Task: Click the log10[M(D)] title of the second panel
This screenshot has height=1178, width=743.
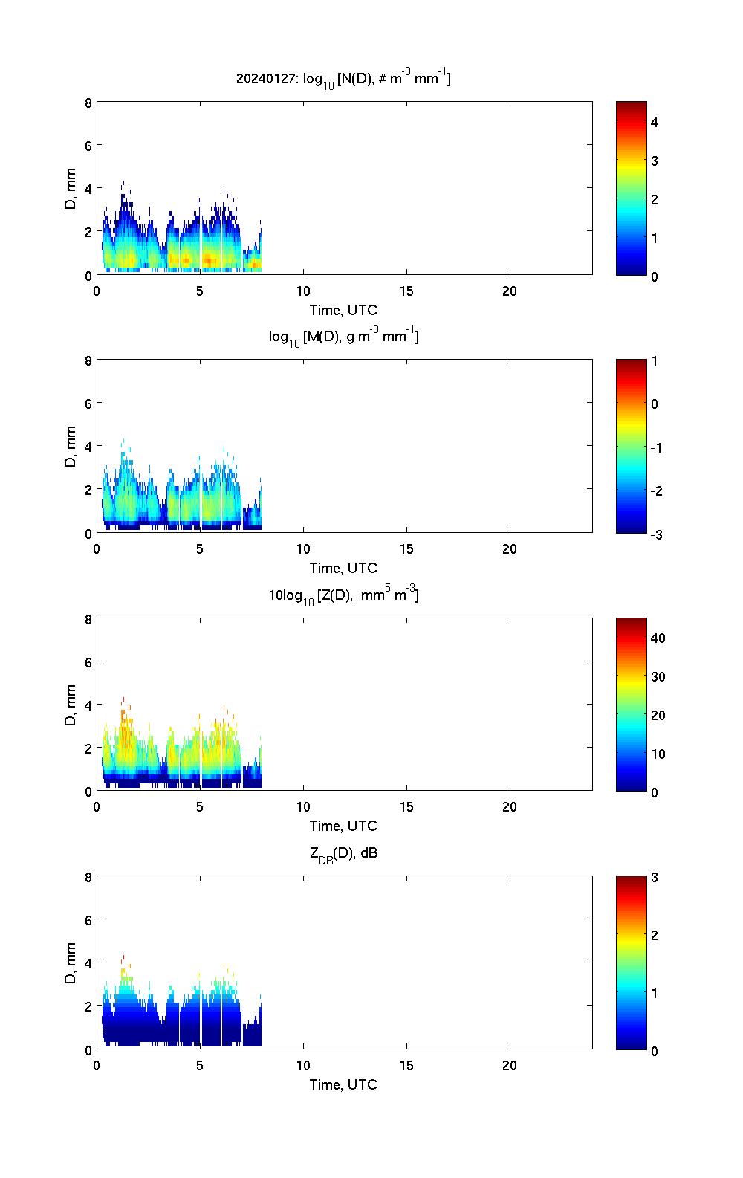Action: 343,337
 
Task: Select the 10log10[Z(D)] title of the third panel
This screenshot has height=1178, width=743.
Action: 343,595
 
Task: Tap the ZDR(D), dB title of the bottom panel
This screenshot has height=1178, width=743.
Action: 343,853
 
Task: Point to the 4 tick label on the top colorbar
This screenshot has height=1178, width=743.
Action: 655,122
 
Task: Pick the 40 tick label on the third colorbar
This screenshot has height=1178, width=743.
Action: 658,638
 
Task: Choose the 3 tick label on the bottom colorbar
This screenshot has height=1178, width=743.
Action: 655,878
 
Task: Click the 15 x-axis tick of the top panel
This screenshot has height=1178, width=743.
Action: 406,291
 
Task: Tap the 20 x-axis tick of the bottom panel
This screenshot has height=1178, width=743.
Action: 510,1065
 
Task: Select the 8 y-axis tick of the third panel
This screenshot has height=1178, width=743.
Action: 88,619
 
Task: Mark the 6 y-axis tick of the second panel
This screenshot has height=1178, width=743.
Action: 88,403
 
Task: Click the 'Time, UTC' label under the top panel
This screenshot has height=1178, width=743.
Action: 343,310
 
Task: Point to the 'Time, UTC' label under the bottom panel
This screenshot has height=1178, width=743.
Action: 343,1084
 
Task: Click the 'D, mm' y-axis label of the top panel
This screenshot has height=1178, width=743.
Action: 71,189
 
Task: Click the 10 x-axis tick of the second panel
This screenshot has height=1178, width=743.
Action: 303,549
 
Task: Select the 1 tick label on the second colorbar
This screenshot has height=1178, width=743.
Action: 655,361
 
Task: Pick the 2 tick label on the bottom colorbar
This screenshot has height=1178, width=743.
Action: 655,935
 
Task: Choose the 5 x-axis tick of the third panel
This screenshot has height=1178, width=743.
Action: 200,807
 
